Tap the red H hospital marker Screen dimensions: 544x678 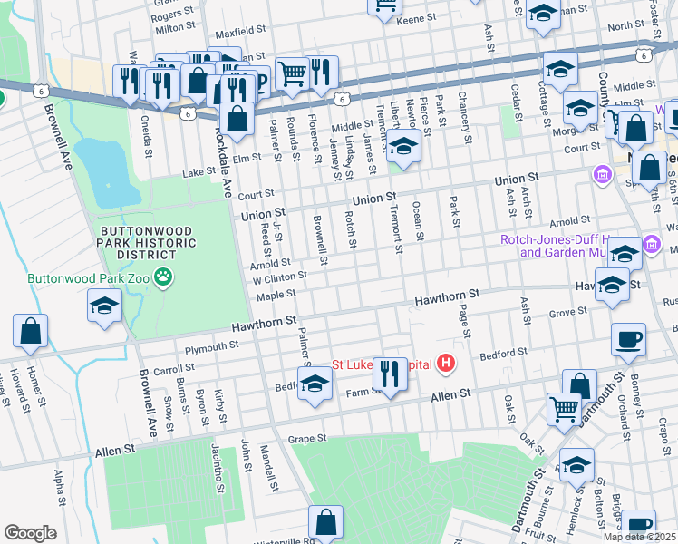pyautogui.click(x=445, y=364)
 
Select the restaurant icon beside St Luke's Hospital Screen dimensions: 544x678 pyautogui.click(x=390, y=372)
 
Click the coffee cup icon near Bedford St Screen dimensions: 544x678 pyautogui.click(x=628, y=340)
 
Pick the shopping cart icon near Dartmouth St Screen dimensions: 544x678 pyautogui.click(x=564, y=410)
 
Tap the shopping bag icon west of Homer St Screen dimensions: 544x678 pyautogui.click(x=31, y=331)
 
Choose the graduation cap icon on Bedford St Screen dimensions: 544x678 pyautogui.click(x=315, y=383)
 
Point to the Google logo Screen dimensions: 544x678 pyautogui.click(x=30, y=533)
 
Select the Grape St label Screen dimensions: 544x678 pyautogui.click(x=306, y=440)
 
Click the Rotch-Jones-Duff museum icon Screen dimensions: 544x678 pyautogui.click(x=651, y=245)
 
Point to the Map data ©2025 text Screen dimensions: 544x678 pyautogui.click(x=638, y=537)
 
